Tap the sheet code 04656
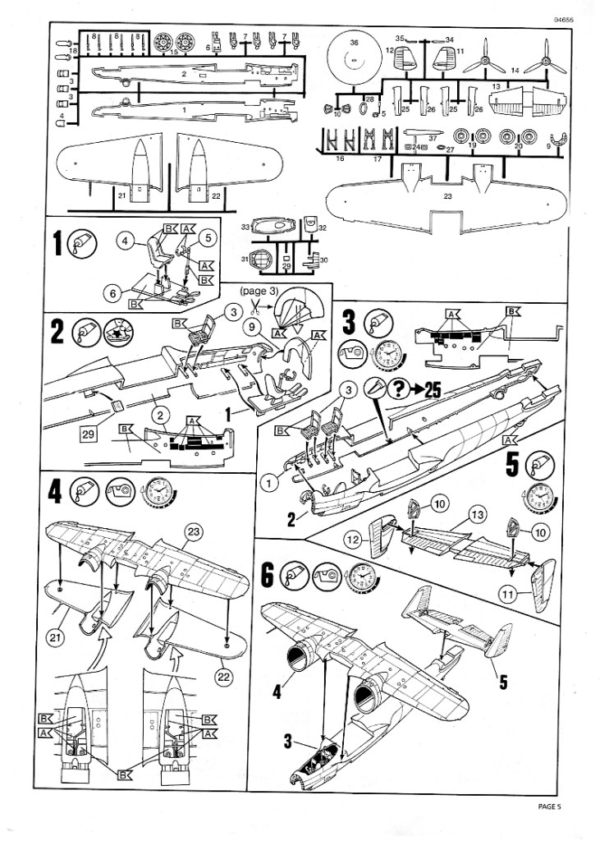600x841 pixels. point(566,21)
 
